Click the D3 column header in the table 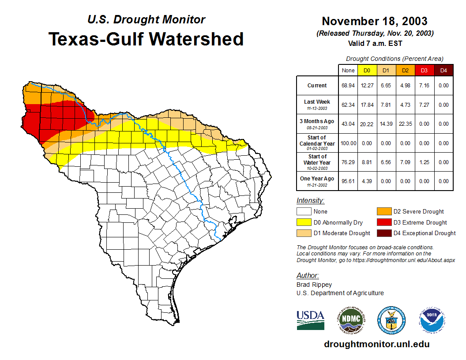click(x=424, y=70)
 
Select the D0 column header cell click(x=367, y=70)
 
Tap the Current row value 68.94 click(x=348, y=86)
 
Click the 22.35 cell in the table click(x=405, y=124)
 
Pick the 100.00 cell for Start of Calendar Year click(x=348, y=143)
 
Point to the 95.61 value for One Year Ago click(x=348, y=181)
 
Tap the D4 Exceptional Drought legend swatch click(x=383, y=233)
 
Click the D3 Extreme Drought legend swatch click(x=383, y=222)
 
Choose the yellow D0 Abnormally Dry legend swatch click(x=304, y=222)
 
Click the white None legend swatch click(x=304, y=211)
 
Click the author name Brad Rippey click(x=314, y=285)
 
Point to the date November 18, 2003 click(x=374, y=21)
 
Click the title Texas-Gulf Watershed click(x=146, y=39)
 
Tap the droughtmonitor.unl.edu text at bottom click(x=376, y=344)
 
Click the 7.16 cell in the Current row click(x=424, y=86)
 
